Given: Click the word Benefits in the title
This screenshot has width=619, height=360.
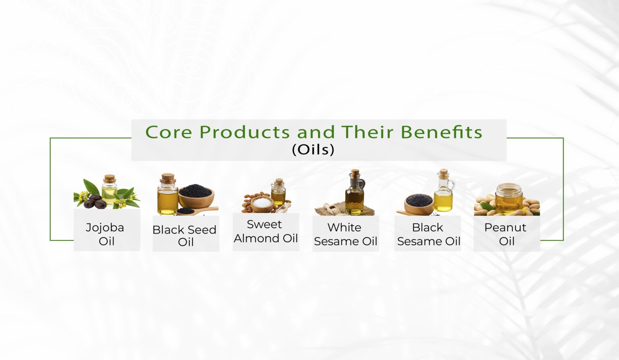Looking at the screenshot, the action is pyautogui.click(x=441, y=132).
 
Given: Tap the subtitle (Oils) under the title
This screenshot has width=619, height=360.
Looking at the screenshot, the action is pyautogui.click(x=313, y=149).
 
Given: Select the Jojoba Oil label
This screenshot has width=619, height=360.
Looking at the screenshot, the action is pyautogui.click(x=105, y=234).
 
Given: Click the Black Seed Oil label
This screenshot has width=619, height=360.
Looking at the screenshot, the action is pyautogui.click(x=185, y=236).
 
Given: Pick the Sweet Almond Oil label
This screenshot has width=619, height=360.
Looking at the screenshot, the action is pyautogui.click(x=266, y=232).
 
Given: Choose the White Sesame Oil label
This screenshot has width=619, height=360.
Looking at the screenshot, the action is pyautogui.click(x=345, y=234).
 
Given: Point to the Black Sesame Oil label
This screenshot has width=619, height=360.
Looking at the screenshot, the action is pyautogui.click(x=429, y=234).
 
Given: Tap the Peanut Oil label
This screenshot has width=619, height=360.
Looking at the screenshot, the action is pyautogui.click(x=505, y=234).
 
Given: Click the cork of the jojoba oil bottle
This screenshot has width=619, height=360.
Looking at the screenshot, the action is pyautogui.click(x=110, y=179).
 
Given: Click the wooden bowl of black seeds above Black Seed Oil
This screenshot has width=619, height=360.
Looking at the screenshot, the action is pyautogui.click(x=196, y=196).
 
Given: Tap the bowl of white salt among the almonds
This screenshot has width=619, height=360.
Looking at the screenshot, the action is pyautogui.click(x=262, y=204).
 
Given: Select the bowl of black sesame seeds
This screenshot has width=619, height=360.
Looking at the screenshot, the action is pyautogui.click(x=419, y=204).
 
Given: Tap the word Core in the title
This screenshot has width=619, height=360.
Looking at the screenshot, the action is pyautogui.click(x=168, y=132).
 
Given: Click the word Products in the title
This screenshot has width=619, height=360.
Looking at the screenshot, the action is pyautogui.click(x=245, y=132).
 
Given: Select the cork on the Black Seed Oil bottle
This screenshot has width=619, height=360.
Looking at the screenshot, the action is pyautogui.click(x=168, y=178).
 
